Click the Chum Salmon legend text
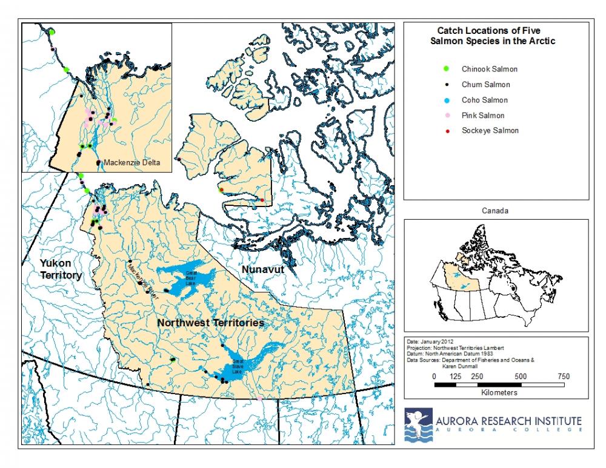click(x=485, y=85)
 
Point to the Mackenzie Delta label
click(x=132, y=163)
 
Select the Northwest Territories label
click(x=210, y=323)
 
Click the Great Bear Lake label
click(x=190, y=280)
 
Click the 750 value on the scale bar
click(x=563, y=376)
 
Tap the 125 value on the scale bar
click(x=455, y=376)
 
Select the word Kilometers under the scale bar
click(x=498, y=392)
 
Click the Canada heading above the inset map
click(x=496, y=211)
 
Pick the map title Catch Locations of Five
click(x=496, y=30)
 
